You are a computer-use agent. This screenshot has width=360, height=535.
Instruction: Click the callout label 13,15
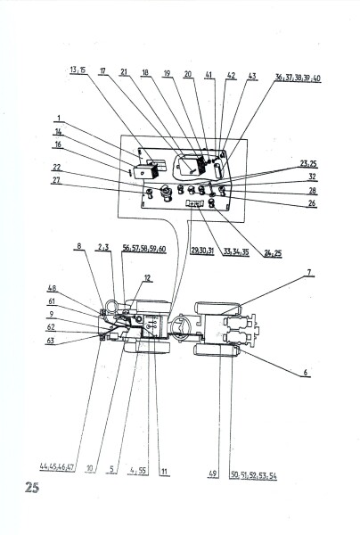(x=78, y=70)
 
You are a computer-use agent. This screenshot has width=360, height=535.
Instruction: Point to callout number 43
(x=252, y=77)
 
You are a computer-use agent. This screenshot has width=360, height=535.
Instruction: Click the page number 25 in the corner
(x=33, y=488)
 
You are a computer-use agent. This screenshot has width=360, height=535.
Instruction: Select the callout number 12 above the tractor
(x=149, y=278)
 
